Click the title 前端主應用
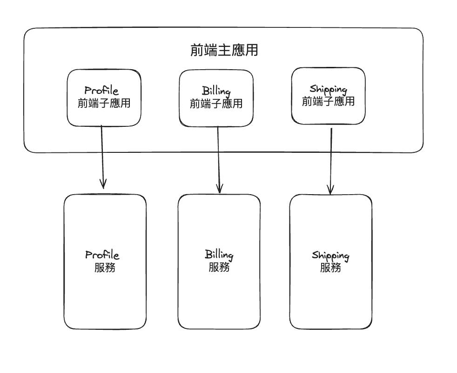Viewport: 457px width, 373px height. pyautogui.click(x=224, y=50)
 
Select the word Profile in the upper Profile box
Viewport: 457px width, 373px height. pyautogui.click(x=105, y=90)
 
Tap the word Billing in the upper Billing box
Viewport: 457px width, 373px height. pyautogui.click(x=216, y=91)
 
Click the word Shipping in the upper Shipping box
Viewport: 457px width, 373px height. pyautogui.click(x=328, y=89)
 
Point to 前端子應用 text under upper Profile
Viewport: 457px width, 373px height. pyautogui.click(x=104, y=103)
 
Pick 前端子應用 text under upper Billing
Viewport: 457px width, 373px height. pyautogui.click(x=216, y=104)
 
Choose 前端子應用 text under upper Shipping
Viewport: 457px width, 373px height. pyautogui.click(x=328, y=101)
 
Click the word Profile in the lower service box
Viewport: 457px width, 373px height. pyautogui.click(x=102, y=255)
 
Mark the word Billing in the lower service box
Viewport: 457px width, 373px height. pyautogui.click(x=219, y=255)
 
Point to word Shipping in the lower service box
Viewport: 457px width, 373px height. pyautogui.click(x=330, y=255)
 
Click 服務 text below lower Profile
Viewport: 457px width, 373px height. pyautogui.click(x=105, y=268)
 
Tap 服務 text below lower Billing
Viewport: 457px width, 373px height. pyautogui.click(x=219, y=268)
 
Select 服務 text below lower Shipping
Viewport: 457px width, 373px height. pyautogui.click(x=330, y=268)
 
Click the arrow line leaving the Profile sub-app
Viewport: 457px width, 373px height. pyautogui.click(x=102, y=153)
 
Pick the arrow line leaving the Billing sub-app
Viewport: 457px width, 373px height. pyautogui.click(x=219, y=156)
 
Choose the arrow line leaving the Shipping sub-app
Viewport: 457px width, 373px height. pyautogui.click(x=331, y=158)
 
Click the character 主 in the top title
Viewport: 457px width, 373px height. pyautogui.click(x=224, y=50)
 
